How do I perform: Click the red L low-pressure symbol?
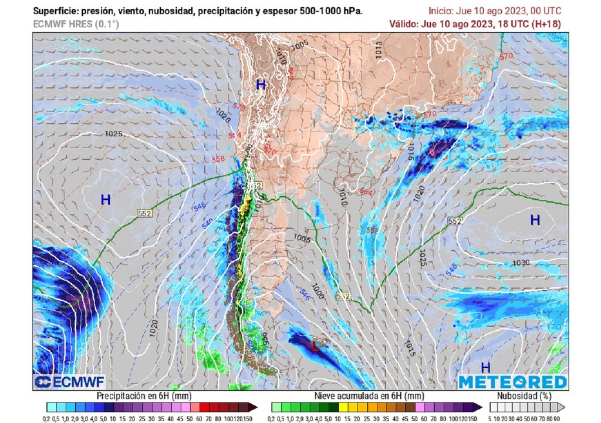(315, 347)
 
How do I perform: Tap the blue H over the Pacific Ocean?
(106, 200)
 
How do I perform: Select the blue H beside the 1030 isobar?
(535, 220)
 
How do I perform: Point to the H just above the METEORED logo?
(485, 368)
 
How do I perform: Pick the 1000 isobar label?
(318, 292)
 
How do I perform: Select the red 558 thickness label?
(218, 159)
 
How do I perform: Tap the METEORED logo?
(512, 382)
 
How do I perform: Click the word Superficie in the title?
(56, 11)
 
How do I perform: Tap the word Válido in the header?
(404, 24)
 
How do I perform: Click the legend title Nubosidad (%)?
(524, 395)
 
